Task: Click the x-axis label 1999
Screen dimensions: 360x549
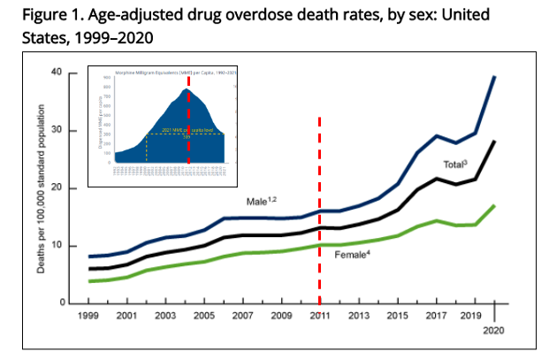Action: (x=89, y=315)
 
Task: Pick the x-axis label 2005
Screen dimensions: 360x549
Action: (x=203, y=315)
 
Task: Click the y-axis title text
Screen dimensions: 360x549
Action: (x=42, y=188)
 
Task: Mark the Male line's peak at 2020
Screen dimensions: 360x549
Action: (x=494, y=77)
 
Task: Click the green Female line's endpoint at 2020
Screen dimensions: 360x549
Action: (x=494, y=205)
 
